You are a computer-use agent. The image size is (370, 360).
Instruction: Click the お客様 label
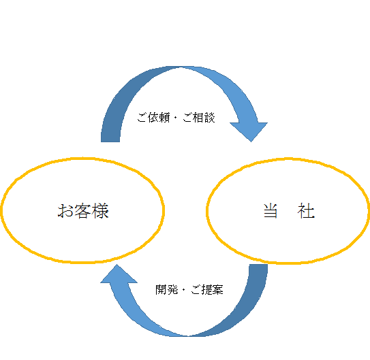[83, 211]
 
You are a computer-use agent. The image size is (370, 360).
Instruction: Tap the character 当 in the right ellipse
[271, 211]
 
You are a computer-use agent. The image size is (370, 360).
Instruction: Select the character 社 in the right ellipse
[306, 211]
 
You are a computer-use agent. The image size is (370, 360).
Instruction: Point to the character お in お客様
[65, 211]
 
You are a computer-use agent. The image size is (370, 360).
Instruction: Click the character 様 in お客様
[100, 211]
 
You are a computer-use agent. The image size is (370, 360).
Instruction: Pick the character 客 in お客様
[82, 211]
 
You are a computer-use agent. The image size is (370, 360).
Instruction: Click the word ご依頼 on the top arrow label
[153, 117]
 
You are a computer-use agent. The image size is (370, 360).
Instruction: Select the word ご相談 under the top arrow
[199, 117]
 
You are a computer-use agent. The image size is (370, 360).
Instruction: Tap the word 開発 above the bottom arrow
[166, 289]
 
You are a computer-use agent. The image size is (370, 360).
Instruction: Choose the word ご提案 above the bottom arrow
[207, 289]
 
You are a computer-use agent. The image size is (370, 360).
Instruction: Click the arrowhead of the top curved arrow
[249, 131]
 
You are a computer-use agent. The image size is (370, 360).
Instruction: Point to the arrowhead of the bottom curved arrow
[119, 274]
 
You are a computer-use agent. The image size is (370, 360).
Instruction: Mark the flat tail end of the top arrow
[110, 142]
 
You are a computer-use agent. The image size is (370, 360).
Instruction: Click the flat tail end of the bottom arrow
[258, 265]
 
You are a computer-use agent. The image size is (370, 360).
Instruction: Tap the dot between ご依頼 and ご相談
[175, 118]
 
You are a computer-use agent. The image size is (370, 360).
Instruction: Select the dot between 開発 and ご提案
[183, 290]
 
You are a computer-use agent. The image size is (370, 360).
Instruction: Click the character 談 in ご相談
[210, 117]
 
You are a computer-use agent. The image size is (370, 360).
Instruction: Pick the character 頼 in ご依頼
[164, 117]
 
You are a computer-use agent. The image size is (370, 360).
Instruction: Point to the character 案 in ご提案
[217, 289]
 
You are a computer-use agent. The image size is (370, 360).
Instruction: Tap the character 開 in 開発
[161, 289]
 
